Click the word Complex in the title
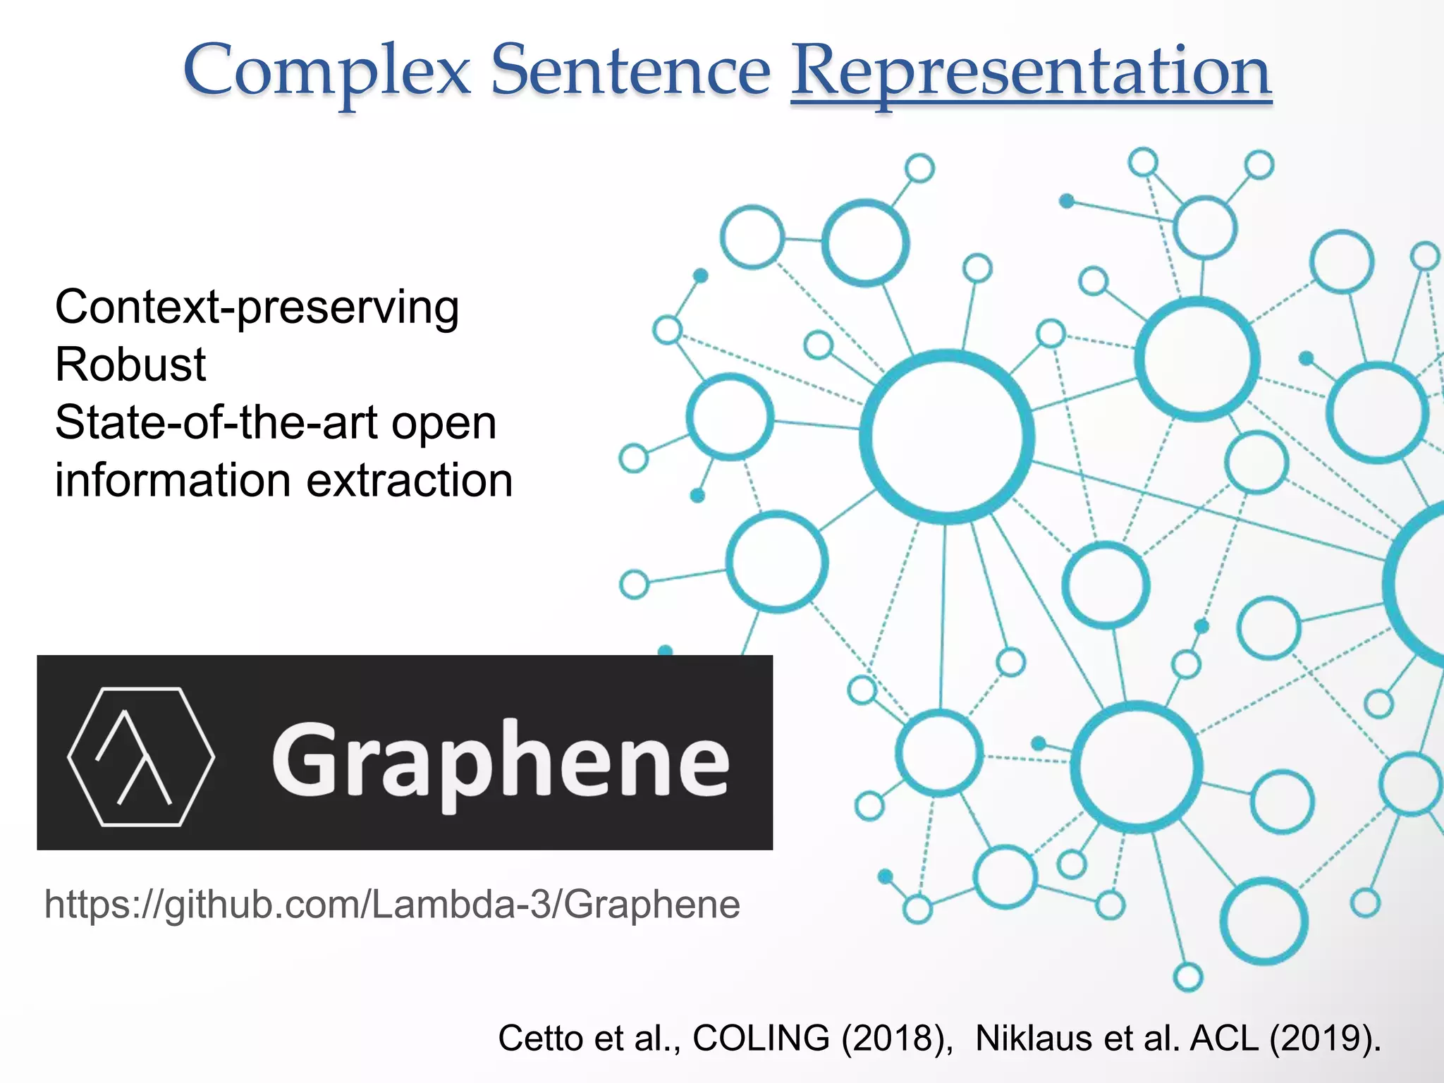pyautogui.click(x=326, y=71)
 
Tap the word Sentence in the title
pyautogui.click(x=630, y=71)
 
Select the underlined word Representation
pyautogui.click(x=1031, y=71)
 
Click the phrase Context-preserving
pyautogui.click(x=257, y=308)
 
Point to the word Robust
pyautogui.click(x=130, y=365)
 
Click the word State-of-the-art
pyautogui.click(x=216, y=423)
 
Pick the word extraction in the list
pyautogui.click(x=410, y=481)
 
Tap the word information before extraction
pyautogui.click(x=173, y=481)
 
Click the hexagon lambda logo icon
pyautogui.click(x=141, y=756)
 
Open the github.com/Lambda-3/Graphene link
pyautogui.click(x=392, y=905)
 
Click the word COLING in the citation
pyautogui.click(x=761, y=1038)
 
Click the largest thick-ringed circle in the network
pyautogui.click(x=947, y=436)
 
